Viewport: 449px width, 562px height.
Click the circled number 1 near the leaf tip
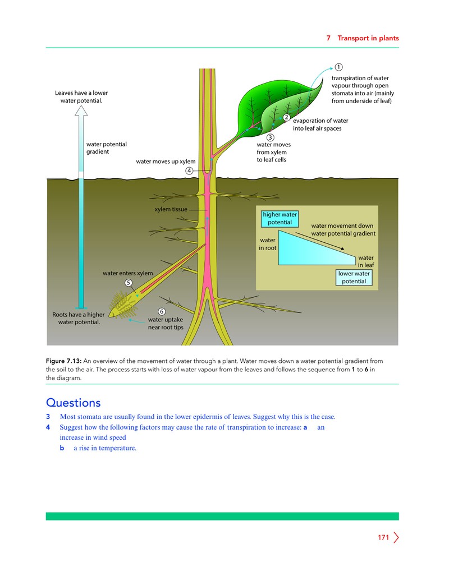(x=338, y=67)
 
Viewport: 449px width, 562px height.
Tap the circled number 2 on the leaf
(x=286, y=117)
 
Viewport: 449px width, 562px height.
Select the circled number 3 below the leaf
(x=271, y=137)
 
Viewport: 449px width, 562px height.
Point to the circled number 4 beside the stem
(x=189, y=171)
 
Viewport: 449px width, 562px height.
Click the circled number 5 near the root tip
(x=129, y=283)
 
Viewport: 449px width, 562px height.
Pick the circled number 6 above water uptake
(x=162, y=311)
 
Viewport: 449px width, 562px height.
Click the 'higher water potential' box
(x=280, y=219)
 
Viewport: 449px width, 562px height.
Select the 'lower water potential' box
(x=354, y=278)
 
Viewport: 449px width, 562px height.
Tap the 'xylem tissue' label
(x=171, y=209)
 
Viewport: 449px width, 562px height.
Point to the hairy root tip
(x=123, y=306)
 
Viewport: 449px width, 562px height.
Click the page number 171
(x=383, y=537)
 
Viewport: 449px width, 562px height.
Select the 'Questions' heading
(x=73, y=403)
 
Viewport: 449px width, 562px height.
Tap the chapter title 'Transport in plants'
(x=368, y=38)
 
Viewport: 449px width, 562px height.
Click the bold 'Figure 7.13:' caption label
(x=64, y=361)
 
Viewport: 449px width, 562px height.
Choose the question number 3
(x=48, y=417)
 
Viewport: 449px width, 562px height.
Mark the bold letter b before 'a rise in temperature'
(x=62, y=448)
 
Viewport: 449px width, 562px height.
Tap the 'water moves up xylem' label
(x=166, y=162)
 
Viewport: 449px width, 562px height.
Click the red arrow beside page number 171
(x=396, y=537)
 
